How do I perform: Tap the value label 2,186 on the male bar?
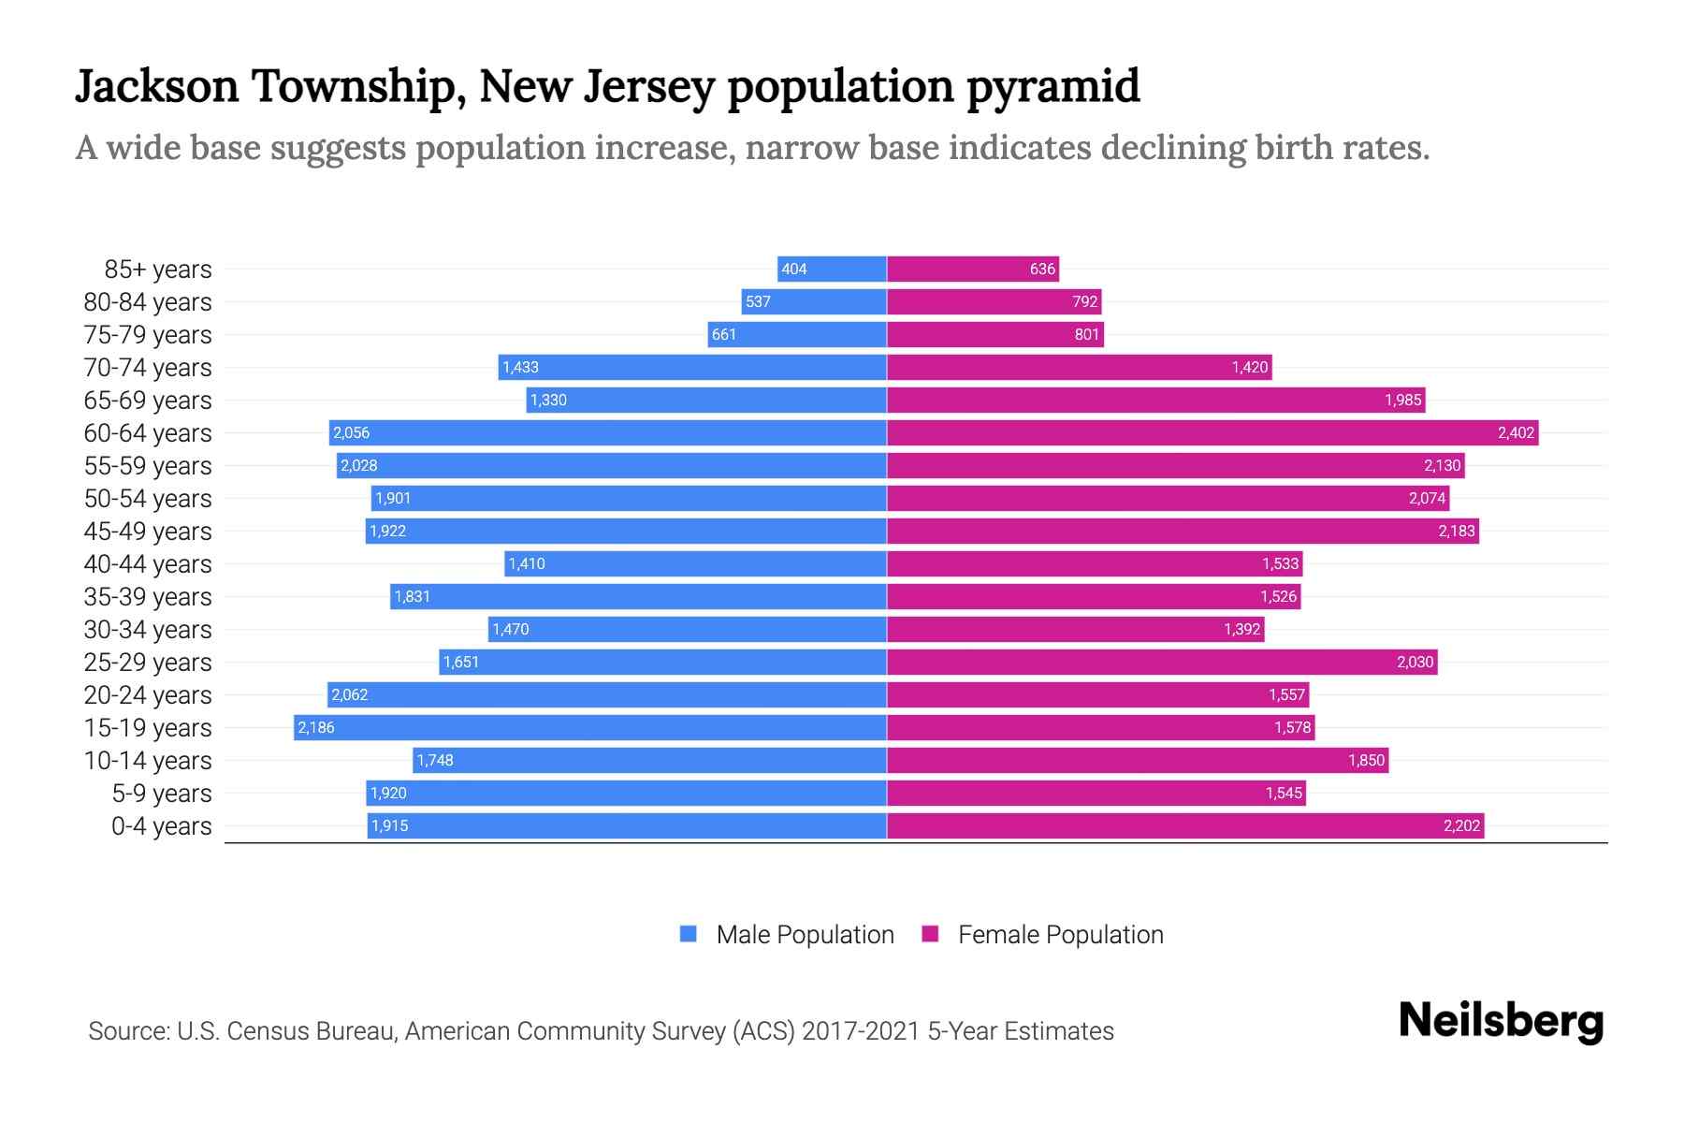[316, 728]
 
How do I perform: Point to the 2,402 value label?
[1516, 433]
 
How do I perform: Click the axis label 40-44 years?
[148, 564]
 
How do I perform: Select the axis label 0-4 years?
[161, 826]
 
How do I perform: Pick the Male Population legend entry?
[805, 935]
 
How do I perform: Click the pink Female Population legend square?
[930, 934]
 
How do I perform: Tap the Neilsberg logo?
[1501, 1021]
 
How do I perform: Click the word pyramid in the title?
[1053, 86]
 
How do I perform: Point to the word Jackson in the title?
[157, 86]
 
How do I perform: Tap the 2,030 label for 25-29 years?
[1415, 663]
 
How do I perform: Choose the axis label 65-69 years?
[148, 401]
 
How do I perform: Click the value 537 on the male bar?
[758, 302]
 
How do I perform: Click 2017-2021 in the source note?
[861, 1031]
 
